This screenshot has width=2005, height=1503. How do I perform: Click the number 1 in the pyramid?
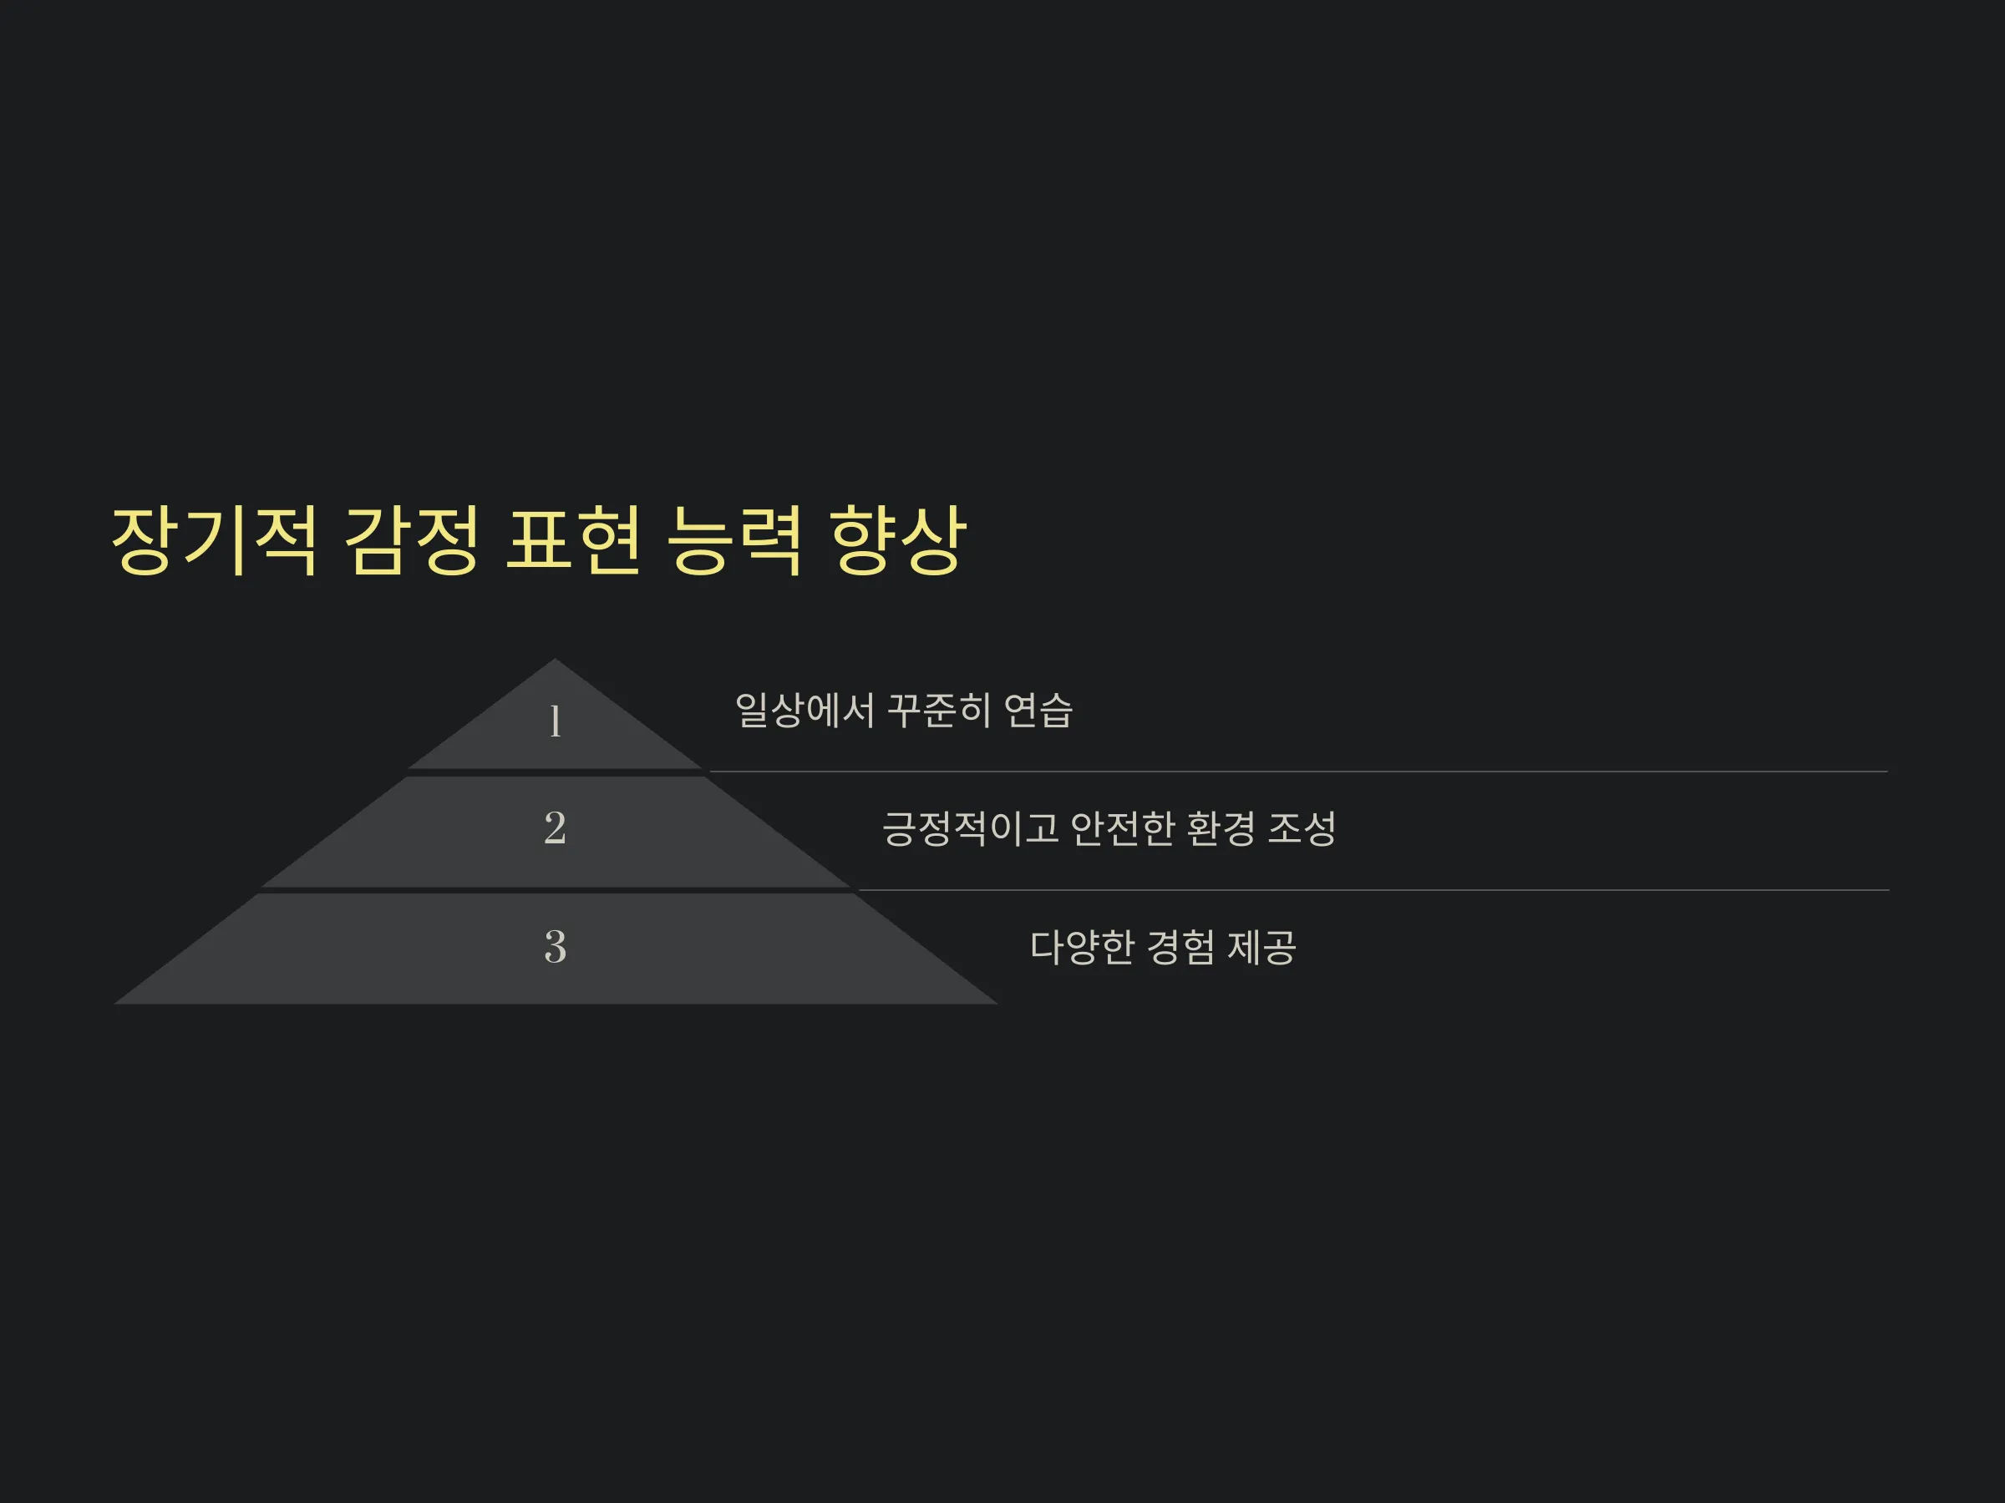point(556,722)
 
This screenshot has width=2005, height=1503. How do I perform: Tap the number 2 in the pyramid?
point(555,828)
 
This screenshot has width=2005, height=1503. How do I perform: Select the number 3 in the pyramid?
point(555,947)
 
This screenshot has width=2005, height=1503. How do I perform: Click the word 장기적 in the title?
point(215,540)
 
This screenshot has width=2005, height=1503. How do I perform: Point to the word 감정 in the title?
point(412,540)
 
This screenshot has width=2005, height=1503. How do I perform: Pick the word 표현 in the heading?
point(573,540)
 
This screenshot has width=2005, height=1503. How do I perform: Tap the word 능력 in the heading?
point(734,540)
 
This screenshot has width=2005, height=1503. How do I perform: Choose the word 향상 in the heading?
point(897,540)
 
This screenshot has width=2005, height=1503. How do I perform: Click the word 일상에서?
point(804,711)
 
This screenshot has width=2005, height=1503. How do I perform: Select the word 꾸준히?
point(938,711)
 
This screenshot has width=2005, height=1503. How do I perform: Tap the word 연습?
point(1038,711)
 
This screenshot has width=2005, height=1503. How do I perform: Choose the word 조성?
point(1302,828)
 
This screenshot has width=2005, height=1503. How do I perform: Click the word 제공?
point(1261,948)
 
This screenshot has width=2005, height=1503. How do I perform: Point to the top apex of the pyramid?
point(555,659)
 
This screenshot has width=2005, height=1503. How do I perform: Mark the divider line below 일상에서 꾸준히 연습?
point(1299,772)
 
